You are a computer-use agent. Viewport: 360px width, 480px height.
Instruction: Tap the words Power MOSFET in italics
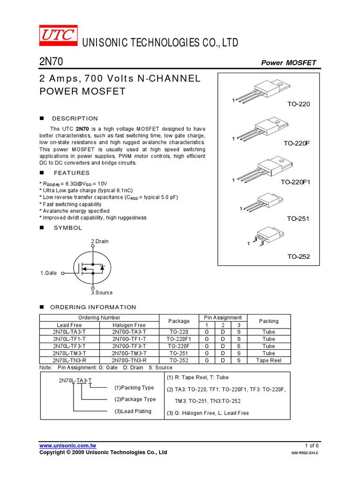(x=288, y=63)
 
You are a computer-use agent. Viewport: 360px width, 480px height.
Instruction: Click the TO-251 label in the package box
(x=299, y=219)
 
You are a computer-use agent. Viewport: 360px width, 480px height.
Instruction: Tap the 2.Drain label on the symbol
(x=99, y=241)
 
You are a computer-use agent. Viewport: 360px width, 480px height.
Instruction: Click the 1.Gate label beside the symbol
(x=48, y=272)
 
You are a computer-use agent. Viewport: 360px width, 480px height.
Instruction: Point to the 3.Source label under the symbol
(x=102, y=292)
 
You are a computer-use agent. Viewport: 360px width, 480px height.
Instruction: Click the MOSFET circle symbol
(x=93, y=267)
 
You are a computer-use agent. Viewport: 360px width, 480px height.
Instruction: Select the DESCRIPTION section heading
(x=75, y=119)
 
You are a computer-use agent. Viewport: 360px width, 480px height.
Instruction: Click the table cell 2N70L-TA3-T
(x=69, y=332)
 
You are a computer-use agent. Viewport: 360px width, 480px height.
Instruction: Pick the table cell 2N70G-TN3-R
(x=129, y=360)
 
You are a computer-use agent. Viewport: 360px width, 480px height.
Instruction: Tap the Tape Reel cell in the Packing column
(x=269, y=360)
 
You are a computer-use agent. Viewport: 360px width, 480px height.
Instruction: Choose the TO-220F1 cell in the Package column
(x=179, y=339)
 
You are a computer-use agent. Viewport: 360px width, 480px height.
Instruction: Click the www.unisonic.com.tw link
(x=67, y=445)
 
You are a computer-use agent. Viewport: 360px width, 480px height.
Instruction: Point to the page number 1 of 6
(x=312, y=445)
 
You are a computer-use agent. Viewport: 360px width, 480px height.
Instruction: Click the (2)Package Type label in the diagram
(x=135, y=399)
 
